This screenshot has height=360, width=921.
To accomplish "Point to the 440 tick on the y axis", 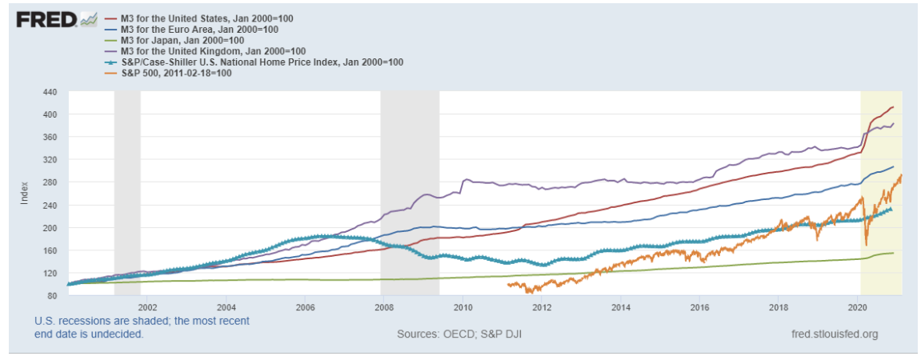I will pos(50,92).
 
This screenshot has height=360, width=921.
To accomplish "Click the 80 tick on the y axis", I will pos(53,295).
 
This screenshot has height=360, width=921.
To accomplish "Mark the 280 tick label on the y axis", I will pos(50,182).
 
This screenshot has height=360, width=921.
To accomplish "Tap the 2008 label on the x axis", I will pos(383,306).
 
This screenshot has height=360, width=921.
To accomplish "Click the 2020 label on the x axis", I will pos(857,306).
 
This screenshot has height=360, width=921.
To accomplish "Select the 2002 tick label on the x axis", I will pos(147,306).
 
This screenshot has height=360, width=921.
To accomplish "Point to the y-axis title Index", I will pos(24,194).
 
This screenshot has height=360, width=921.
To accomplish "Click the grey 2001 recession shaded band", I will pos(127,192).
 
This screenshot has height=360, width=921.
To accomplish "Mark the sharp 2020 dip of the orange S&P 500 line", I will pos(867,244).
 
